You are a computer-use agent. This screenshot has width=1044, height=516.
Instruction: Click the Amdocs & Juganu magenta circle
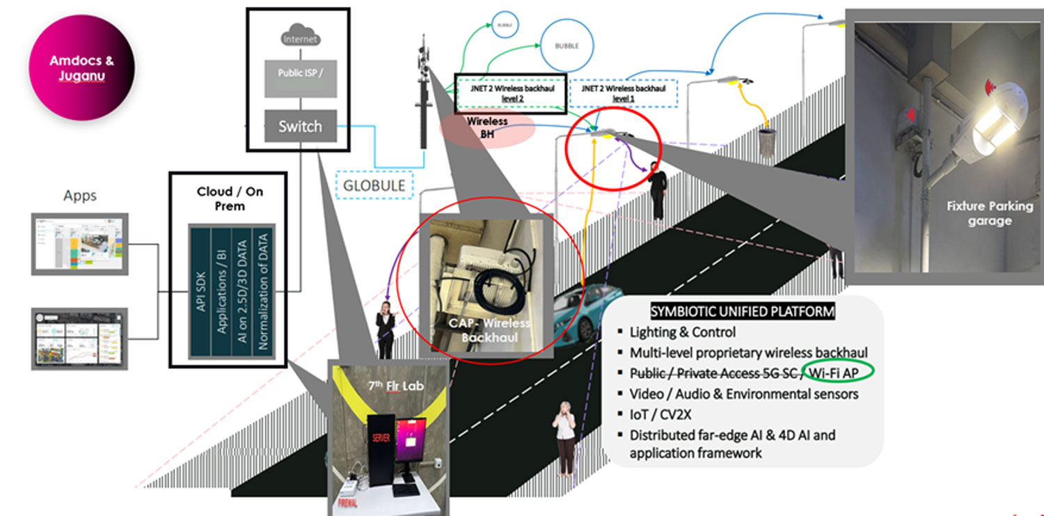(81, 68)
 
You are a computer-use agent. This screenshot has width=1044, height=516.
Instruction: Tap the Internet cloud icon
(300, 38)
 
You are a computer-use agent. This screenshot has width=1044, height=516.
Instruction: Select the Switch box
(300, 126)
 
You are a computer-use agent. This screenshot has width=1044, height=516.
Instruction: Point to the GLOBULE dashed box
(374, 186)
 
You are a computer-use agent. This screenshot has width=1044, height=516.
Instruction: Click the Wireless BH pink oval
(487, 130)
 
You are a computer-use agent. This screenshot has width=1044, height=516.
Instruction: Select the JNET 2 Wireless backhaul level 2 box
(510, 93)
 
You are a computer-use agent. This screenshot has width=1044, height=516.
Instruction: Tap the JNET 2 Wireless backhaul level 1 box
(623, 93)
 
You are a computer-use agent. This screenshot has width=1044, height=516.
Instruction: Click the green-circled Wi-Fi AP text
(837, 373)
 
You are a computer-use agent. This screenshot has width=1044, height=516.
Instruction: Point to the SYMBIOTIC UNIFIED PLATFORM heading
(742, 311)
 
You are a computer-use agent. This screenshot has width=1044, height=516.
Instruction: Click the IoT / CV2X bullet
(661, 414)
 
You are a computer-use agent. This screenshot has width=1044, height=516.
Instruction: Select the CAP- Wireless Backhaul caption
(489, 330)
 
